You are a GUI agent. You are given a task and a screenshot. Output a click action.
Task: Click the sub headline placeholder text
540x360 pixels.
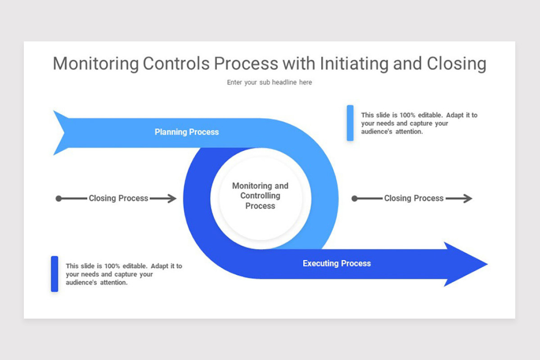[269, 82]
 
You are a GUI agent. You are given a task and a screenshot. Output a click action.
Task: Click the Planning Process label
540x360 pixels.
[187, 132]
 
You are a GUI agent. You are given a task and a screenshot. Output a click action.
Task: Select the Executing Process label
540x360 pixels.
[337, 263]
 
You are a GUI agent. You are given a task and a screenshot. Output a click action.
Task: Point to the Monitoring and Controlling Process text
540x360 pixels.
[260, 196]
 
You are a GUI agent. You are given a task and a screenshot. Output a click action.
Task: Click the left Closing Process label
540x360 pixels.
[118, 198]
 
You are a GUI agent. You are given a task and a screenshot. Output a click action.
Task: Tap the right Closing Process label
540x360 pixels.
[414, 198]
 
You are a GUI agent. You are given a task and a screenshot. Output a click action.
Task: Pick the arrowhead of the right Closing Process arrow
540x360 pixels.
[468, 198]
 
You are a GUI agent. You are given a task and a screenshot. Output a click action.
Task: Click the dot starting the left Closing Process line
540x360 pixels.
[58, 198]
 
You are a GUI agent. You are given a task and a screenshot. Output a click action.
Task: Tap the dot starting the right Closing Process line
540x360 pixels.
[354, 198]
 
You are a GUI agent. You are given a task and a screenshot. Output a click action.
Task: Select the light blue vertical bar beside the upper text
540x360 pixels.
[350, 123]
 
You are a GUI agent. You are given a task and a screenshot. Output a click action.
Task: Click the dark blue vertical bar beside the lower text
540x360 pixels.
[54, 274]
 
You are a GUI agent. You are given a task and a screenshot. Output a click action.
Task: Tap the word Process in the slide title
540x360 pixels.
[246, 64]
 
